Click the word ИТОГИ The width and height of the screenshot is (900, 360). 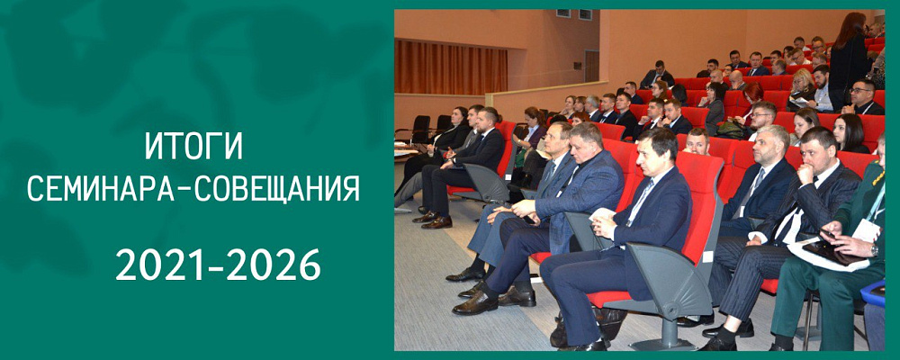(x=193, y=146)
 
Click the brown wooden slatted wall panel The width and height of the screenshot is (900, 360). (x=451, y=67)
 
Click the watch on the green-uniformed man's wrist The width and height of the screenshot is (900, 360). (x=873, y=250)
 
